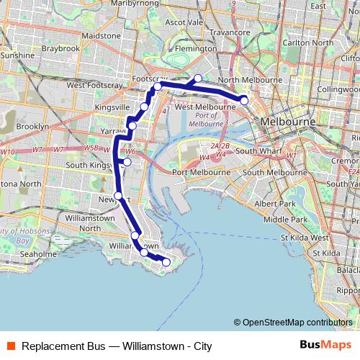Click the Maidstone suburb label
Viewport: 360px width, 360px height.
click(x=102, y=35)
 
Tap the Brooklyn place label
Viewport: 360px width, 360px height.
click(x=32, y=126)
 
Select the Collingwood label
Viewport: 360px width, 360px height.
click(x=337, y=89)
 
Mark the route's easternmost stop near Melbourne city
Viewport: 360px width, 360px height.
click(x=244, y=100)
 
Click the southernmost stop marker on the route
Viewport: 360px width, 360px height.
click(x=166, y=262)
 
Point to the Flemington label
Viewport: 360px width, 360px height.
click(x=195, y=49)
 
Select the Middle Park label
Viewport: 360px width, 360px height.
click(x=280, y=219)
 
